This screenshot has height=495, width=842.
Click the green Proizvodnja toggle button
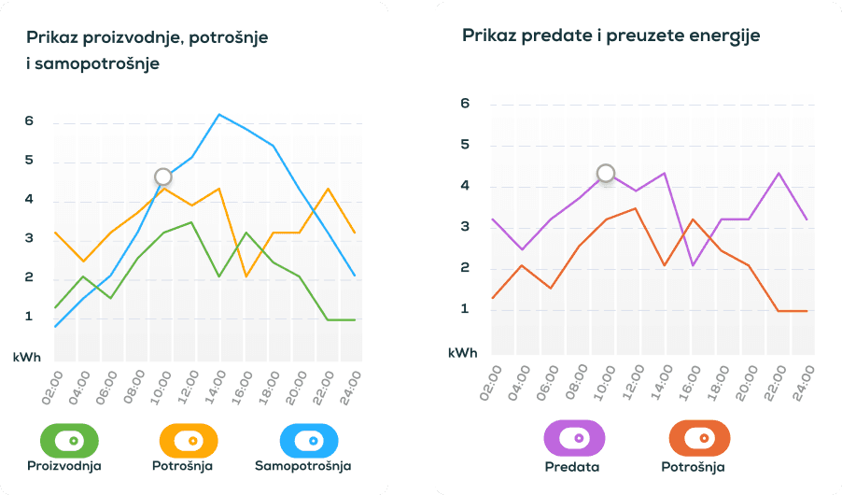pos(68,439)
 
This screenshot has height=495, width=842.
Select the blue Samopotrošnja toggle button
pos(310,439)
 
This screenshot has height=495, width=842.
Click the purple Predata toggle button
pos(574,438)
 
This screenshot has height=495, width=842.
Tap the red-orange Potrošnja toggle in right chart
pos(699,438)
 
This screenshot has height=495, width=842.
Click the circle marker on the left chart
pos(163,177)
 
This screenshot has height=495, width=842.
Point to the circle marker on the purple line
pos(606,173)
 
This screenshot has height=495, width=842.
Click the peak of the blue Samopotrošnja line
pos(218,115)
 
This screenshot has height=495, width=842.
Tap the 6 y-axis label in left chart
pos(30,121)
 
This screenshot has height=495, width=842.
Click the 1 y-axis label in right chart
pos(466,309)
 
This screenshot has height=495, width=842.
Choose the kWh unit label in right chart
pos(463,353)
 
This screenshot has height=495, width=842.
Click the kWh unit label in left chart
pos(27,357)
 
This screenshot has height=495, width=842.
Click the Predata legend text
pos(572,467)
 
